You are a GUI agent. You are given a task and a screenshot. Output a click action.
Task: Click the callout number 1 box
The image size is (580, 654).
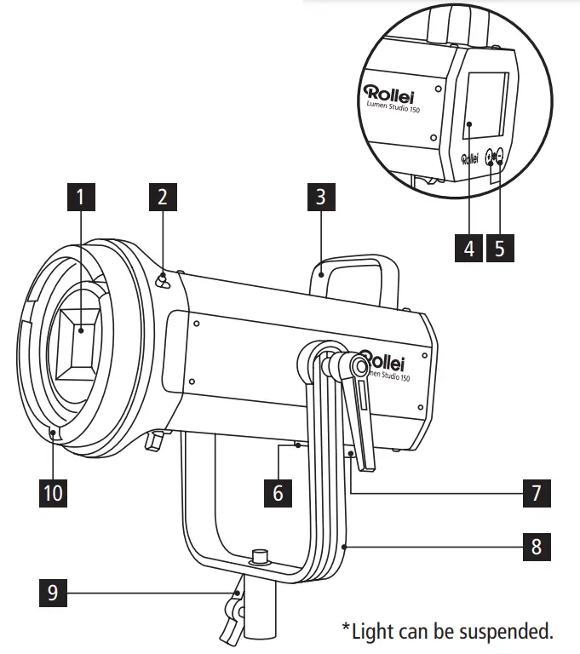80,198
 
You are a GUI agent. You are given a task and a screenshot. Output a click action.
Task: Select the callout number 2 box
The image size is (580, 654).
162,198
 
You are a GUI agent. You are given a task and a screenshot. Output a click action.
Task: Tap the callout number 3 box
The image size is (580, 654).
321,198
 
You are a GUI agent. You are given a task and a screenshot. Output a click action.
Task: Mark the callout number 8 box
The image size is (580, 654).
536,545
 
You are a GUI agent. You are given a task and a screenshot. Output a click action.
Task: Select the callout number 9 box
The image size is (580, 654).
53,592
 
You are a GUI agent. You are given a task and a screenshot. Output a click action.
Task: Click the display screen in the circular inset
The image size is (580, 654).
486,106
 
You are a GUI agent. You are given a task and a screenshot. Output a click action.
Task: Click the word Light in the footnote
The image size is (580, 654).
370,631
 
